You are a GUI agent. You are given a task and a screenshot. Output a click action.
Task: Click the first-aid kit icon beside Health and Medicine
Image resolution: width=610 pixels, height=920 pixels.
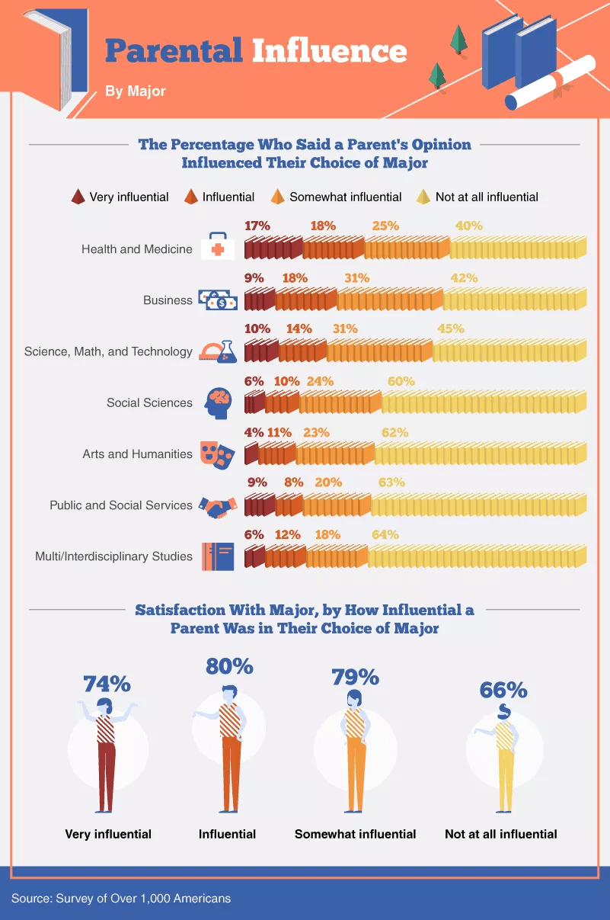[x=218, y=246]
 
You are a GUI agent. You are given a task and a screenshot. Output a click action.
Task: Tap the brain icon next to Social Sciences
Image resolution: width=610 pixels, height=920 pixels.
[x=219, y=403]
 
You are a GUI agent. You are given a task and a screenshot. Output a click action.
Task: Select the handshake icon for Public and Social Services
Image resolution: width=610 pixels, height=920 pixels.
[x=218, y=507]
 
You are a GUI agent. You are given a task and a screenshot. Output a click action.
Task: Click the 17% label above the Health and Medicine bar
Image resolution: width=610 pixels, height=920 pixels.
[x=257, y=226]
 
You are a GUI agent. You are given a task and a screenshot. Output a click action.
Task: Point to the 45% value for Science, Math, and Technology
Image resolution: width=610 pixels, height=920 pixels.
[x=451, y=329]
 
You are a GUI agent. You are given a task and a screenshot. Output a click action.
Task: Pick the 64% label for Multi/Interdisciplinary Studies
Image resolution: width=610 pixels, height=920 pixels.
[x=385, y=535]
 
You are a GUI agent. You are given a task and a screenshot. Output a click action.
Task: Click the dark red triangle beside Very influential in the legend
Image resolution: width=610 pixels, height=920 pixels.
[x=78, y=197]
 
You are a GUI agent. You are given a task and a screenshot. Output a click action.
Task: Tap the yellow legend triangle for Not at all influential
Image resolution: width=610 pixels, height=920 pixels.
[x=423, y=197]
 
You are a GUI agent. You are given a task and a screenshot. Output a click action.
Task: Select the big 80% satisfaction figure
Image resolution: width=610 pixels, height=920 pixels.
[x=229, y=665]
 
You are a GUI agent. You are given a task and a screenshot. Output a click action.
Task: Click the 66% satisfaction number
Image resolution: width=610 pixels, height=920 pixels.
[x=503, y=690]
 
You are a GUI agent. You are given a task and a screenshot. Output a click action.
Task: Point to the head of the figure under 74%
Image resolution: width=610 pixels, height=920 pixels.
[x=104, y=706]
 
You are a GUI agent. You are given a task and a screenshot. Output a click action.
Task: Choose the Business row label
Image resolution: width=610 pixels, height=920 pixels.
[x=168, y=300]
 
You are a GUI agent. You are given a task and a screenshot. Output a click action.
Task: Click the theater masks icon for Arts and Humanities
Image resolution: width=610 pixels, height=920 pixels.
[x=217, y=455]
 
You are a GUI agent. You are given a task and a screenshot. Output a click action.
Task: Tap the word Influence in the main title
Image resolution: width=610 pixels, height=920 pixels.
[x=330, y=50]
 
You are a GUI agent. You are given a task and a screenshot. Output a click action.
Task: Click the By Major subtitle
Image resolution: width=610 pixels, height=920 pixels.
[x=136, y=91]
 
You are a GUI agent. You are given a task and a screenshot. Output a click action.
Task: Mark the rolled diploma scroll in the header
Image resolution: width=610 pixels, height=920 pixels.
[x=550, y=82]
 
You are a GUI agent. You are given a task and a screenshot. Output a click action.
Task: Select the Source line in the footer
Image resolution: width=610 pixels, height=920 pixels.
[x=121, y=898]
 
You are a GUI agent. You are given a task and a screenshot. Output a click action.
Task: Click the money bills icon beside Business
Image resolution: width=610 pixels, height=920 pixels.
[x=218, y=300]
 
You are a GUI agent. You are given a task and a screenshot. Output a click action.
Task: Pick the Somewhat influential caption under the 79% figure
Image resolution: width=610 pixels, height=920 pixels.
[x=355, y=834]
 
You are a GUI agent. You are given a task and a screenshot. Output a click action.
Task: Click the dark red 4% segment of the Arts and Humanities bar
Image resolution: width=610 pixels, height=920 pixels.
[x=251, y=454]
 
